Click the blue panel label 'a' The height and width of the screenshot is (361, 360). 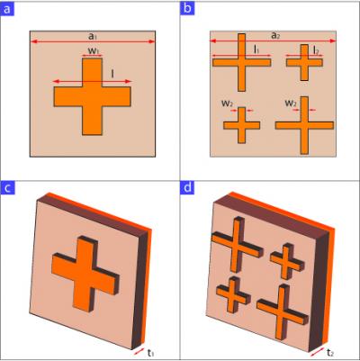tap(10, 10)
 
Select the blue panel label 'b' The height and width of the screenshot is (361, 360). tap(189, 10)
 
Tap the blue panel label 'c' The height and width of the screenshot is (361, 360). tap(10, 190)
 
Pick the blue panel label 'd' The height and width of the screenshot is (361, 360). tap(189, 190)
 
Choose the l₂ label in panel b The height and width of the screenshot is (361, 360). tap(307, 51)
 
